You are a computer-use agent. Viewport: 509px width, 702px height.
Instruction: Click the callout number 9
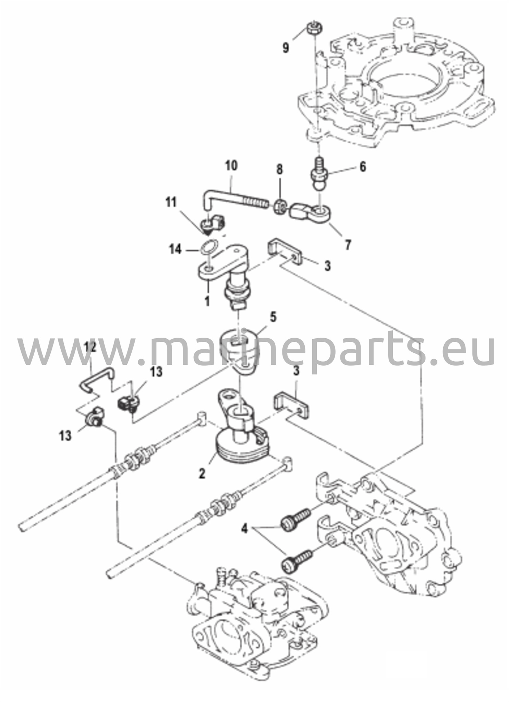(x=285, y=47)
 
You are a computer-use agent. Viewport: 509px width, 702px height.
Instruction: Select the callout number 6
(x=362, y=167)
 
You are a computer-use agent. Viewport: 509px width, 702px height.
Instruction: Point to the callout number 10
(x=231, y=166)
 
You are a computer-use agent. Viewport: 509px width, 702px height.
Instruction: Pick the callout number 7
(x=348, y=245)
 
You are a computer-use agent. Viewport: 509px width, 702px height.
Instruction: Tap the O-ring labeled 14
(x=210, y=248)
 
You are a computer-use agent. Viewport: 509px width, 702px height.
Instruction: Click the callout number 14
(x=175, y=249)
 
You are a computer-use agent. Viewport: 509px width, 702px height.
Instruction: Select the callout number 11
(x=171, y=202)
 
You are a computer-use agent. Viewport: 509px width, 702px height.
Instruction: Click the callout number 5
(x=273, y=317)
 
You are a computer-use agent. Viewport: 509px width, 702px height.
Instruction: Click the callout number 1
(x=207, y=302)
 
